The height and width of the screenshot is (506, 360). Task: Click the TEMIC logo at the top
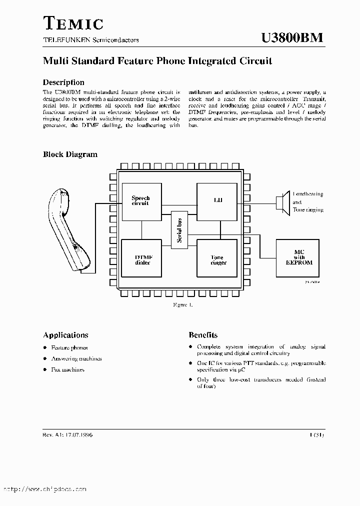(73, 23)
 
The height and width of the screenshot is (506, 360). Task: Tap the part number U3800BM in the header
(292, 38)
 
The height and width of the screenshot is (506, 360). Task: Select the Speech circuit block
(141, 201)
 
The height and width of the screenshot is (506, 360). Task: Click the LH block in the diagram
(217, 201)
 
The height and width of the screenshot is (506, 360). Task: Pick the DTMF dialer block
(142, 258)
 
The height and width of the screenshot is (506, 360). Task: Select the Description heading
(63, 82)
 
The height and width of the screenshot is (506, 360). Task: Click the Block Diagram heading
(70, 154)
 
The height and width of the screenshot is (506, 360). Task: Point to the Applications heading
(65, 335)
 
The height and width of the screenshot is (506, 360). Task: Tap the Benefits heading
(203, 335)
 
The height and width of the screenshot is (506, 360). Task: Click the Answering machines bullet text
(76, 358)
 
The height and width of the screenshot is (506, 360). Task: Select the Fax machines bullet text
(68, 369)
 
